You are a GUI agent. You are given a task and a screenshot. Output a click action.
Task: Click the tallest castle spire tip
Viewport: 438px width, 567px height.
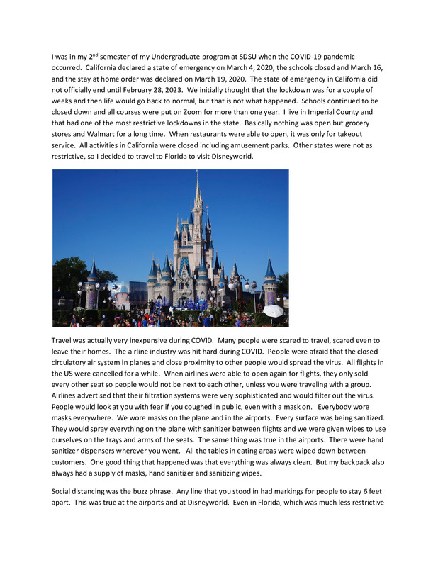(x=198, y=174)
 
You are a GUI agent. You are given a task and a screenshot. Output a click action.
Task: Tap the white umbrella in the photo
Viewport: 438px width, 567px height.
(x=273, y=310)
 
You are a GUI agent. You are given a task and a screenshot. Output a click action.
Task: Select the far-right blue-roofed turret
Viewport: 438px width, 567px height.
(x=269, y=270)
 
